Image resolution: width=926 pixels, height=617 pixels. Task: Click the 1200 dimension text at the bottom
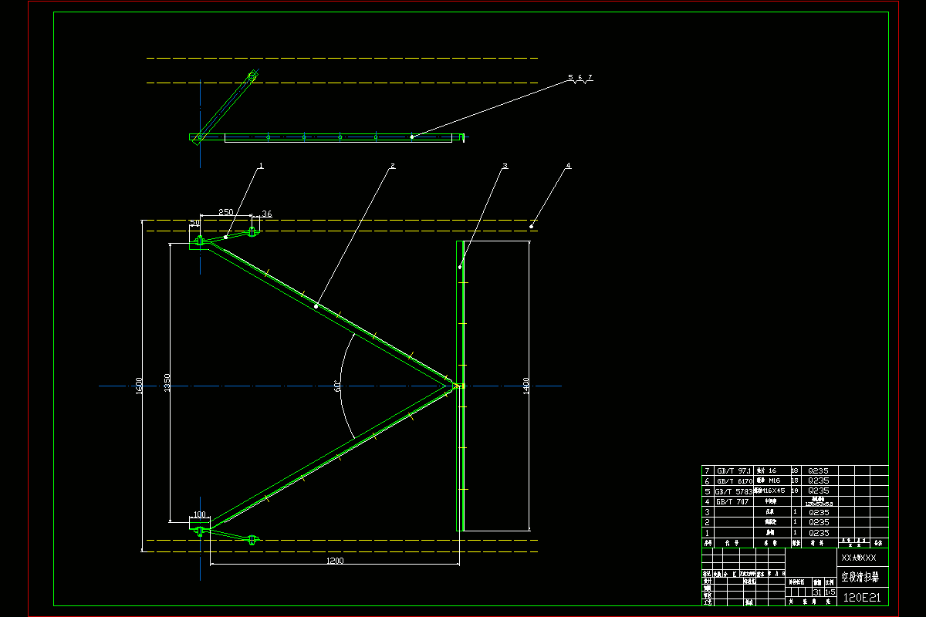coord(334,561)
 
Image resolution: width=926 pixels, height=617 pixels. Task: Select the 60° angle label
coord(338,386)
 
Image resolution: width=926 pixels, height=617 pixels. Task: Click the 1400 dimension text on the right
coord(526,385)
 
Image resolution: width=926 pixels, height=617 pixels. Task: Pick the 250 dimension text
coord(225,212)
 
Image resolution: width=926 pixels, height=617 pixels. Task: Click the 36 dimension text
coord(267,214)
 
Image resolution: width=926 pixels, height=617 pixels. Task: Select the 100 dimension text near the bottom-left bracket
coord(200,514)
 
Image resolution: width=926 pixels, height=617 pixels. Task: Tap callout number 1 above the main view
coord(262,165)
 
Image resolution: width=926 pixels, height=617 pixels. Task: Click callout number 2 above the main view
coord(393,165)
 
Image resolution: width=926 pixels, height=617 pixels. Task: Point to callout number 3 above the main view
coord(505,165)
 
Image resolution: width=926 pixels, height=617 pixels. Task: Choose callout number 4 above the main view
coord(569,165)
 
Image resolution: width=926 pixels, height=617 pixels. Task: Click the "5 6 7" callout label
coord(580,78)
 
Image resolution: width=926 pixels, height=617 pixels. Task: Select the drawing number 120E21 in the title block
coord(862,597)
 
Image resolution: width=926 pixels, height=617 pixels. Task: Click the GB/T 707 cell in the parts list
coord(732,501)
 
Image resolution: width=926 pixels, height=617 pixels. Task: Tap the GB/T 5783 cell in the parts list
coord(734,491)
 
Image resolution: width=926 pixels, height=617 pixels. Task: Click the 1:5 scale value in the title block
coord(830,592)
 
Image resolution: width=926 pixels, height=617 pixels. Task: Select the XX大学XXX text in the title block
coord(859,557)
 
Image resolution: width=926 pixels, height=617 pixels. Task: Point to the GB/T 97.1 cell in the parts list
coord(734,470)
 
